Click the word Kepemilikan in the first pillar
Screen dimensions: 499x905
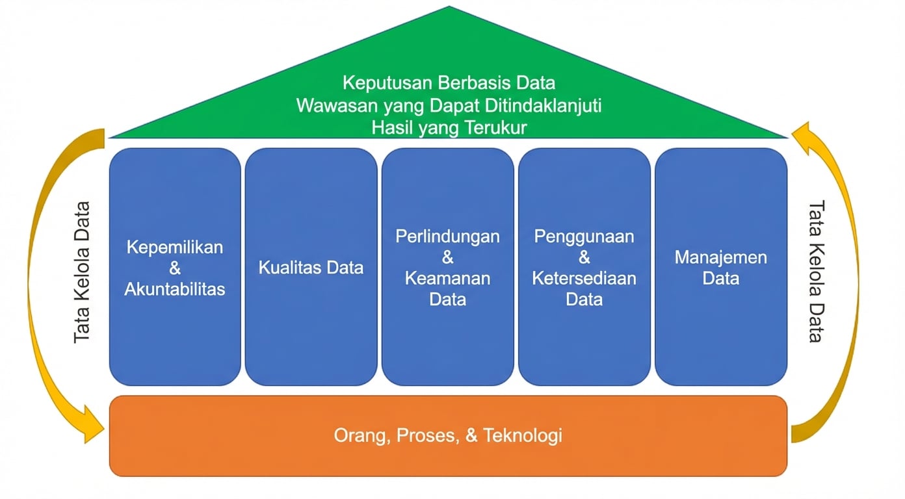click(175, 247)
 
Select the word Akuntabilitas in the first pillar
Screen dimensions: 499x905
click(175, 288)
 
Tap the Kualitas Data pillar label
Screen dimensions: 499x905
click(311, 267)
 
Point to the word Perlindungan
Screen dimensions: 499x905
click(447, 236)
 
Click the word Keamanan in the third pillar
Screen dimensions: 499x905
click(447, 278)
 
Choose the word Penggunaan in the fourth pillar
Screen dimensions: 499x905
click(584, 236)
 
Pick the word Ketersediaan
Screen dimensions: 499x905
click(584, 278)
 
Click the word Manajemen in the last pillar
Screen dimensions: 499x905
click(720, 257)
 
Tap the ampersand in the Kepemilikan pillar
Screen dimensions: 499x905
click(175, 268)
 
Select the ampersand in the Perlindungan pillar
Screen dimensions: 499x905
click(447, 257)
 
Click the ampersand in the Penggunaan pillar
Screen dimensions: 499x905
click(584, 257)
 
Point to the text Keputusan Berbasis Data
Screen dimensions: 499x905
click(449, 83)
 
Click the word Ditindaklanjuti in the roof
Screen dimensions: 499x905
click(546, 105)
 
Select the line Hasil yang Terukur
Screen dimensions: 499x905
click(449, 127)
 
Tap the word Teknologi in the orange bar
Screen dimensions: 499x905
click(523, 435)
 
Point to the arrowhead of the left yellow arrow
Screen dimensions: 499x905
click(94, 429)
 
